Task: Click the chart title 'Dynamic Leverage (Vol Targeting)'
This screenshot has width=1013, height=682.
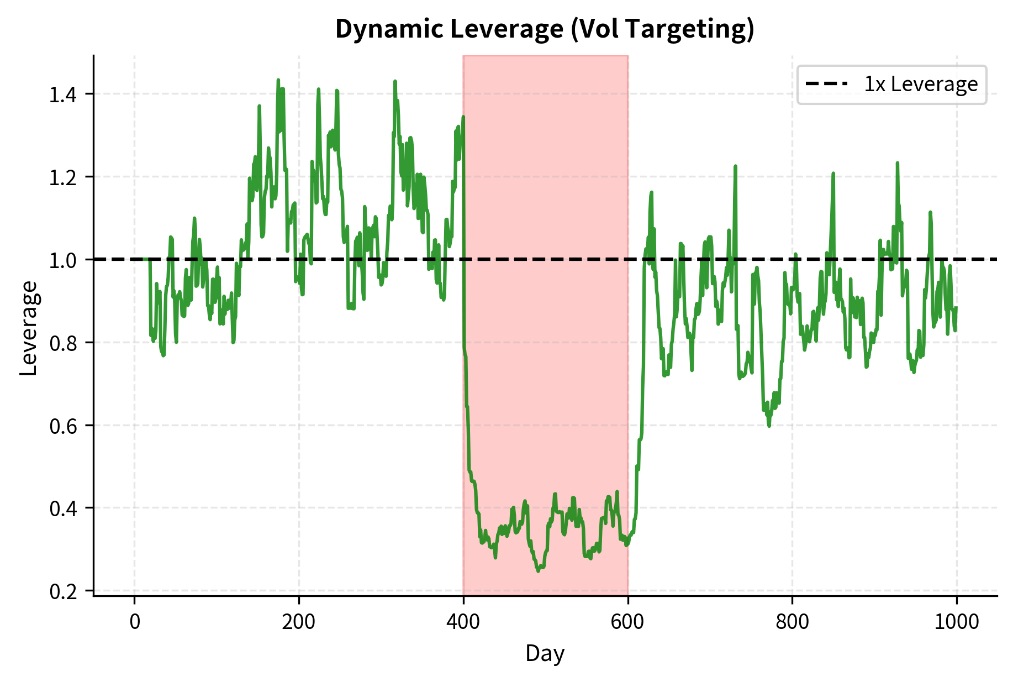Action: coord(545,29)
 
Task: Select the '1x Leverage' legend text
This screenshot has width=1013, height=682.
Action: coord(921,85)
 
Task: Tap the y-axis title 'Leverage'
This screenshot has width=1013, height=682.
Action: coord(29,328)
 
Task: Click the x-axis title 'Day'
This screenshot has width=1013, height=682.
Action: coord(545,653)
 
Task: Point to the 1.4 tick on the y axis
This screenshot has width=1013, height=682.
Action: coord(64,95)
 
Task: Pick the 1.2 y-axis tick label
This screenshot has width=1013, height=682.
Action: coord(64,177)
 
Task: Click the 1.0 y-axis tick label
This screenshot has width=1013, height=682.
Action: coord(64,260)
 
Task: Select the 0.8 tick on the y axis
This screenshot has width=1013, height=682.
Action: coord(64,343)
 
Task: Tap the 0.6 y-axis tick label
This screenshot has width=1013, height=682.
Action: coord(64,426)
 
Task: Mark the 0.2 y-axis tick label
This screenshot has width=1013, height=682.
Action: coord(64,591)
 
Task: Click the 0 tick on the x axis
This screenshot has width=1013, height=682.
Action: coord(135,622)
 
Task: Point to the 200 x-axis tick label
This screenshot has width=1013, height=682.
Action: coord(299,622)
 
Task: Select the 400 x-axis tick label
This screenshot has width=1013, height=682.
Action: coord(463,622)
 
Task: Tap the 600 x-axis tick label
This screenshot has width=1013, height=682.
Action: coord(628,622)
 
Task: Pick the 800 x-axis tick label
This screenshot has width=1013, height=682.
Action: coord(792,622)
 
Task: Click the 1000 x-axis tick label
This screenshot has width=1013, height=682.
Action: coord(957,622)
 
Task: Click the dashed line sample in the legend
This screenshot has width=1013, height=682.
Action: coord(826,85)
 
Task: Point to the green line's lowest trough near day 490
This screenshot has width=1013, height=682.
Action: coord(539,571)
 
